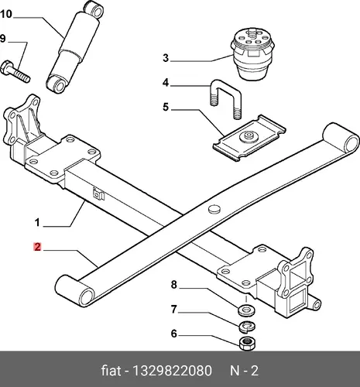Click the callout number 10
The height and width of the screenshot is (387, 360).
tap(6, 14)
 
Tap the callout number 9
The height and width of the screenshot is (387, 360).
tap(2, 39)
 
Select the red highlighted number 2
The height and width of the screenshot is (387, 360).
tap(37, 247)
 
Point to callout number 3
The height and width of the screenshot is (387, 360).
tap(166, 58)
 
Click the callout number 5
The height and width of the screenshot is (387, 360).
tap(166, 107)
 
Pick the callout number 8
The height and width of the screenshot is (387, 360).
tap(174, 285)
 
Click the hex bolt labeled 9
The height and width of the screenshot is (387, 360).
tap(15, 71)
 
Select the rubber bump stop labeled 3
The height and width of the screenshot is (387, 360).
tap(251, 53)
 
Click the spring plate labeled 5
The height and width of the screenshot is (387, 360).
tap(249, 138)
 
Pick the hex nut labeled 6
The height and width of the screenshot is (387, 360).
tap(248, 343)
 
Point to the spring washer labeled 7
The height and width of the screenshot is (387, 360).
tap(248, 327)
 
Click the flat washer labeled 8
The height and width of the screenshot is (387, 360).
tap(246, 310)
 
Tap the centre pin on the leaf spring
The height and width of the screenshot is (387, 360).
tap(214, 209)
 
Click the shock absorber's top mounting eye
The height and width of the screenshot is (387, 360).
tap(96, 10)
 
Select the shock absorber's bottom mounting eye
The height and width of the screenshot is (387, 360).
tap(56, 83)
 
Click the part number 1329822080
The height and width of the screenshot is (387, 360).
tap(172, 371)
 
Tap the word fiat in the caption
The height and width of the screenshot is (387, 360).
tap(111, 371)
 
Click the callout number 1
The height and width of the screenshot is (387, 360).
tap(37, 222)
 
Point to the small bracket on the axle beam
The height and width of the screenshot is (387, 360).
tap(98, 194)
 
